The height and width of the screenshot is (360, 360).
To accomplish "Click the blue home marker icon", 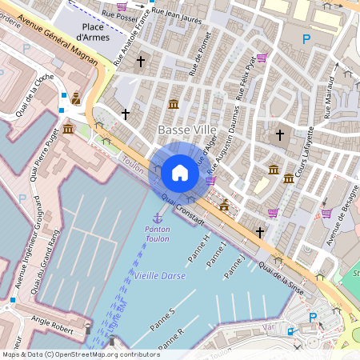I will [180, 172].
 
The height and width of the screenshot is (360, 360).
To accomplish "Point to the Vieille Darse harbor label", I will [160, 275].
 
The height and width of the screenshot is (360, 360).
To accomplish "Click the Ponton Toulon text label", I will [157, 234].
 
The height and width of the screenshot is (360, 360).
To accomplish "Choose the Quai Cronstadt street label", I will [182, 209].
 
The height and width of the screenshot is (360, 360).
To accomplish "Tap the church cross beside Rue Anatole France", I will [141, 62].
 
